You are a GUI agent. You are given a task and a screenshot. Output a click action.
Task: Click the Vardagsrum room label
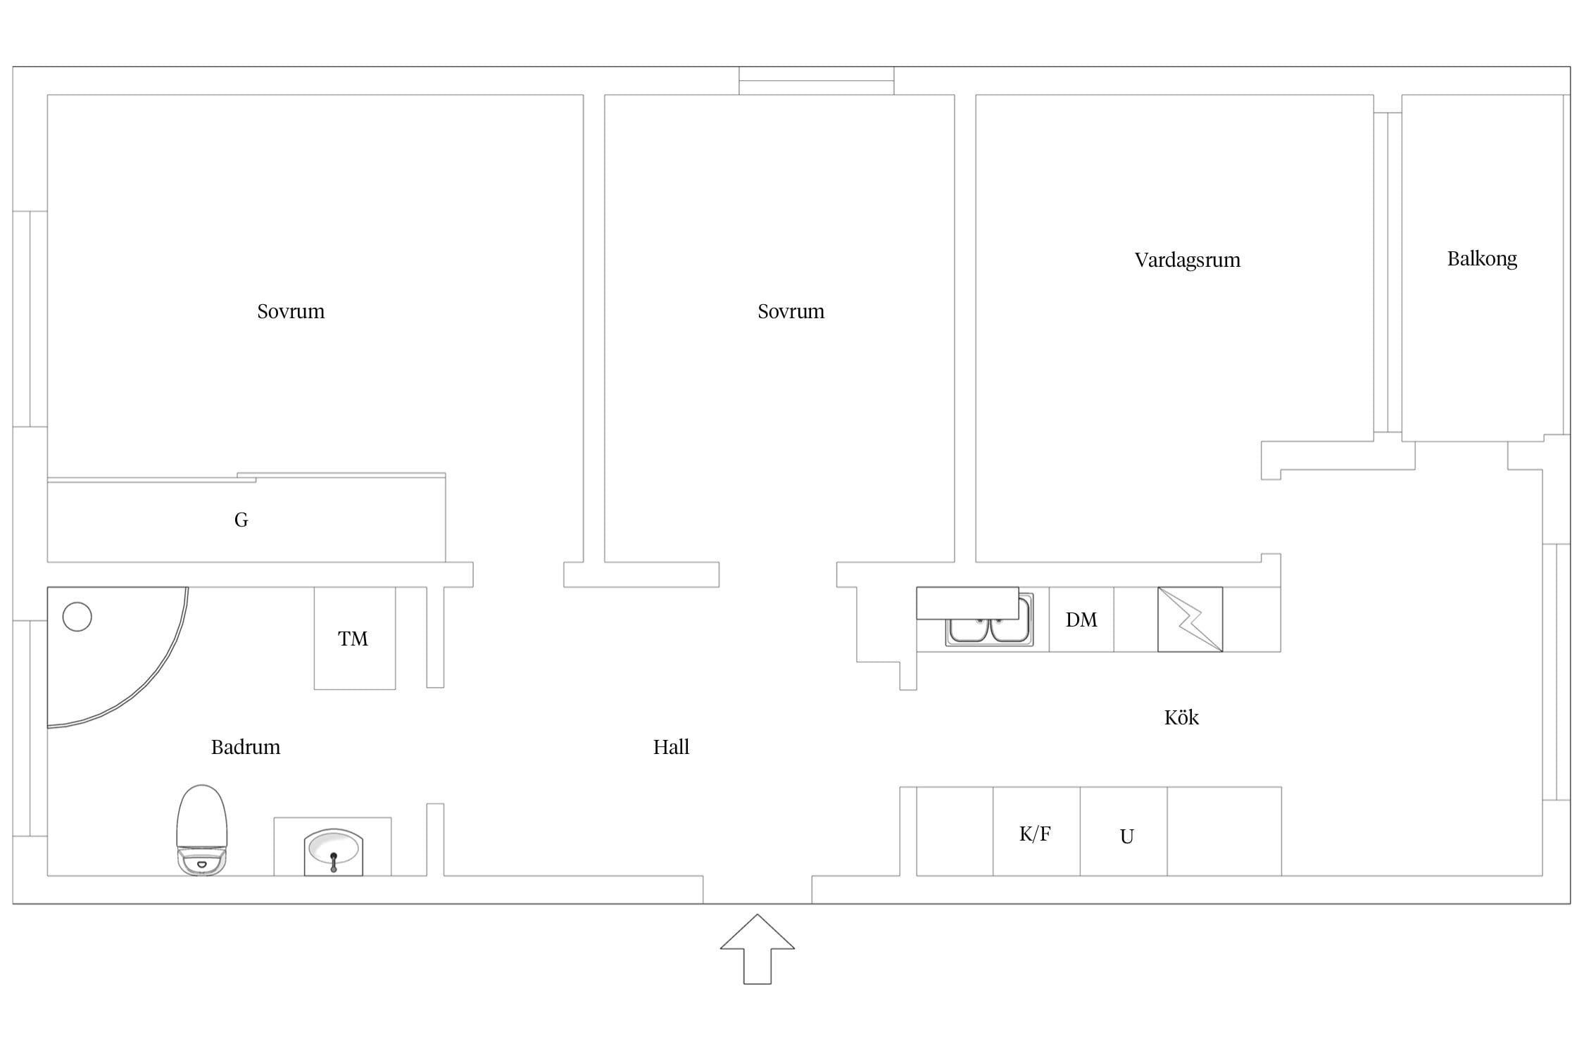(x=1187, y=260)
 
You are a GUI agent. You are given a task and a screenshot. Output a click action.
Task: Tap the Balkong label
(x=1482, y=259)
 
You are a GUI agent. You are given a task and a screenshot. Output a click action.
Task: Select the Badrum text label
(x=246, y=747)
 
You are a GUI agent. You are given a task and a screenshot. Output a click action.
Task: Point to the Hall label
(x=671, y=747)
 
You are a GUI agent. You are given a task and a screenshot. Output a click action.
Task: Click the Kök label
(x=1181, y=717)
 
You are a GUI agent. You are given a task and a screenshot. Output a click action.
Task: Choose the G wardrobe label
(x=241, y=520)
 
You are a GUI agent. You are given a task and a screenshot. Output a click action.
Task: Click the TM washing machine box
(x=355, y=638)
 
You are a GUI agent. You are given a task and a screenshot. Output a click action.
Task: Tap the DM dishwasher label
(x=1081, y=620)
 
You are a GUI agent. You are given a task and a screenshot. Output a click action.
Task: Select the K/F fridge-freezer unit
(x=1036, y=831)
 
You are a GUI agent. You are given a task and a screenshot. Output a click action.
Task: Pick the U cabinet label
(x=1126, y=836)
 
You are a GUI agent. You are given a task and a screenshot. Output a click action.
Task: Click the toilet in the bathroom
(x=202, y=830)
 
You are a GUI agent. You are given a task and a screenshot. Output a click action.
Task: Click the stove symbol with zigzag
(x=1190, y=620)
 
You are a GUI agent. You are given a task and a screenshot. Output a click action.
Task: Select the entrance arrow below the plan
(x=758, y=948)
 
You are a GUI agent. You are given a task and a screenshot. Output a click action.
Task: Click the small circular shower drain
(x=77, y=617)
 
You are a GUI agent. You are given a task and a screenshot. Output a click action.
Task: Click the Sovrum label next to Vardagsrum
(x=791, y=311)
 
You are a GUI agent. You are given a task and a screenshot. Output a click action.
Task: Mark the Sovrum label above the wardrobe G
(x=291, y=311)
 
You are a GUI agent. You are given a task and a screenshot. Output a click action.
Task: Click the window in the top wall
(x=817, y=81)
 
